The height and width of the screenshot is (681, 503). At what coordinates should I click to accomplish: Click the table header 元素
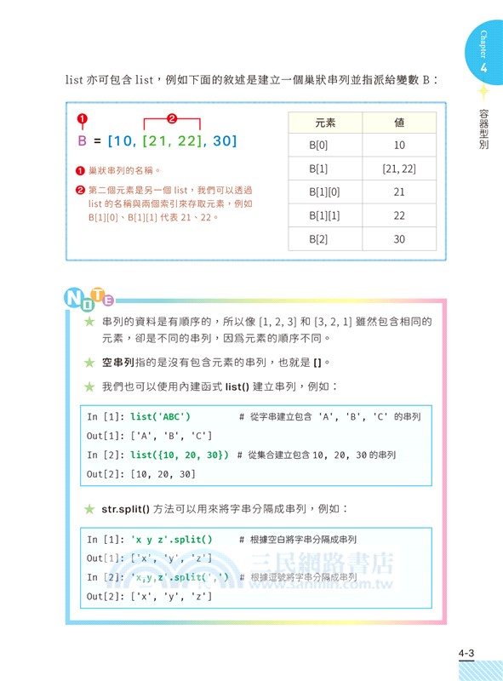coord(325,123)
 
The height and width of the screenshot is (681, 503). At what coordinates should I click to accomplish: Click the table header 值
coord(399,123)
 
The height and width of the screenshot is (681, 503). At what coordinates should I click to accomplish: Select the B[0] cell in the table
coord(325,146)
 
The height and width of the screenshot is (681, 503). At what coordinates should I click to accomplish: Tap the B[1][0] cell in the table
coord(325,192)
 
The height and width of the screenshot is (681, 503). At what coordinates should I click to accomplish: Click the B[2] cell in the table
coord(325,240)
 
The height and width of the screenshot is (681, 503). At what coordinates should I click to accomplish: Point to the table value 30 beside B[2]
coord(399,240)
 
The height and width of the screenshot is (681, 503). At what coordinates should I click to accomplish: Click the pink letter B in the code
coord(83,140)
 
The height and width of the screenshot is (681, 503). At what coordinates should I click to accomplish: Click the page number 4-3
coord(465,653)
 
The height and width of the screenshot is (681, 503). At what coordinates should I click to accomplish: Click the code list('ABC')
coord(160,416)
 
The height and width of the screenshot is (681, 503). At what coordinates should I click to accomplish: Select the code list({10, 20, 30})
coord(180,455)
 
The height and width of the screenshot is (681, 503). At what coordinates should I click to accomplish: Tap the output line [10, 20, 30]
coord(163,474)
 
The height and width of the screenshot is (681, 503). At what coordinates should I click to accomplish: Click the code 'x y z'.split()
coord(173,540)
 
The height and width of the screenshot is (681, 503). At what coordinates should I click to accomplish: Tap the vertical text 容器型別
coord(483,129)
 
